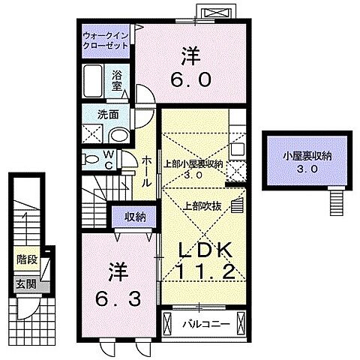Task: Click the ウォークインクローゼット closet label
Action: click(104, 40)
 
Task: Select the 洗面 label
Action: click(105, 114)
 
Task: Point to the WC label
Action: click(108, 161)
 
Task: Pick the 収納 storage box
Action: click(134, 217)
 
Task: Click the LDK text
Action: click(202, 250)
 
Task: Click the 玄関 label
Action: click(25, 284)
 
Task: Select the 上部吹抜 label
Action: click(199, 205)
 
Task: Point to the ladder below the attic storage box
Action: click(336, 199)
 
